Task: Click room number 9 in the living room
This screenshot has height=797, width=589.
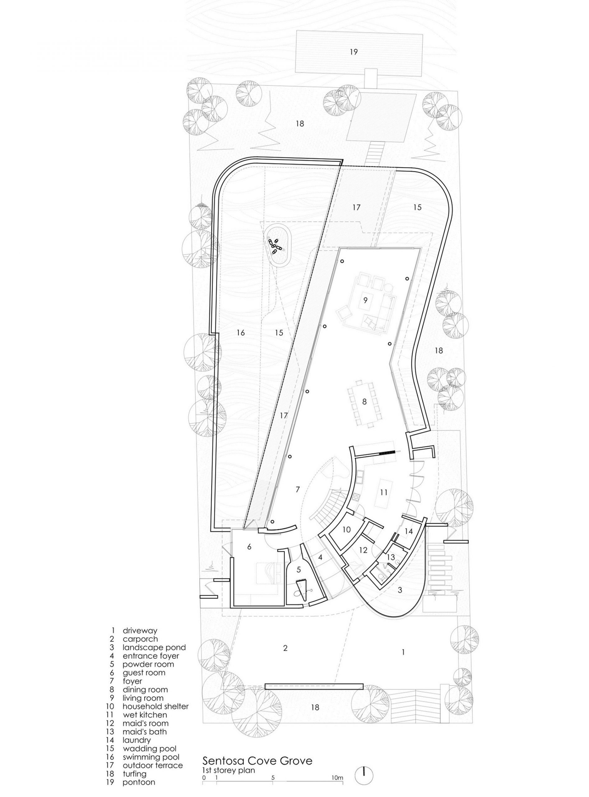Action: (365, 300)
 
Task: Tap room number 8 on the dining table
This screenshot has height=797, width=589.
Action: (364, 402)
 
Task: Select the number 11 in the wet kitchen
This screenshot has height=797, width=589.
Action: (384, 493)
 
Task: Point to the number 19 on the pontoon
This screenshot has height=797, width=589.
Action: (353, 52)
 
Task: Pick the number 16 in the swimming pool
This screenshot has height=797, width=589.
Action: (241, 332)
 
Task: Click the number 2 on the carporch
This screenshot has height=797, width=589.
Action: (285, 658)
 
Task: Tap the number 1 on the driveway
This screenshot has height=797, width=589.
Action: (403, 662)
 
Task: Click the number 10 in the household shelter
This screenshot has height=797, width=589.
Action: (346, 529)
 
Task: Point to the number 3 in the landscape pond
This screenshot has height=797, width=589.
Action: (400, 590)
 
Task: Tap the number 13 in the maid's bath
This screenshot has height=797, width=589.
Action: (391, 557)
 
